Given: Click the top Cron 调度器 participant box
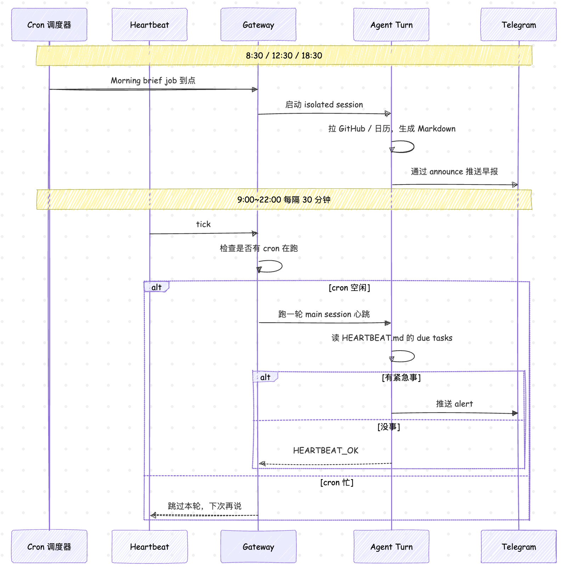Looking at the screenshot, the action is [x=49, y=25].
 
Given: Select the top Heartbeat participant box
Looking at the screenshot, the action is [x=149, y=25].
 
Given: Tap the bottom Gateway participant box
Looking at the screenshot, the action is [x=258, y=546].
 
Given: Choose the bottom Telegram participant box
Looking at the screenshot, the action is [x=519, y=546].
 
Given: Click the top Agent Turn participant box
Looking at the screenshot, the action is [x=391, y=25].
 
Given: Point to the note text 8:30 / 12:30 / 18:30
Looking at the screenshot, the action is [x=284, y=56].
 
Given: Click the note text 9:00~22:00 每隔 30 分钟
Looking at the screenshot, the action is [x=284, y=200].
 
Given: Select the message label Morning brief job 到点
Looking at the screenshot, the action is [x=153, y=81].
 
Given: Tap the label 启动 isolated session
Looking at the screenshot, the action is [x=324, y=105].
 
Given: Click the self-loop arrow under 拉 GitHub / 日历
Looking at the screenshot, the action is [x=414, y=147].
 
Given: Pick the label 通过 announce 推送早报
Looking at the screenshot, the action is [x=454, y=172].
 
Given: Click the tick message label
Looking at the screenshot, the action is [x=203, y=224].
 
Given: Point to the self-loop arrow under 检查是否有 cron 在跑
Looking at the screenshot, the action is [x=282, y=266].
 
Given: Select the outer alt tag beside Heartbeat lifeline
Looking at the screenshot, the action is [x=157, y=287].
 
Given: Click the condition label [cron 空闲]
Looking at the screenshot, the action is [x=349, y=288].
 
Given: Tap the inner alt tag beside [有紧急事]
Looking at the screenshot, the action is [x=265, y=377].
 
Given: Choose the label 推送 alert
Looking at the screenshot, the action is [x=454, y=404].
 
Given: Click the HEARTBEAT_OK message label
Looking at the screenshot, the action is [x=326, y=450].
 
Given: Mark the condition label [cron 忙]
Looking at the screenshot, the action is [x=337, y=483].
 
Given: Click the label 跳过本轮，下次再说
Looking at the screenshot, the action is [x=205, y=506].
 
